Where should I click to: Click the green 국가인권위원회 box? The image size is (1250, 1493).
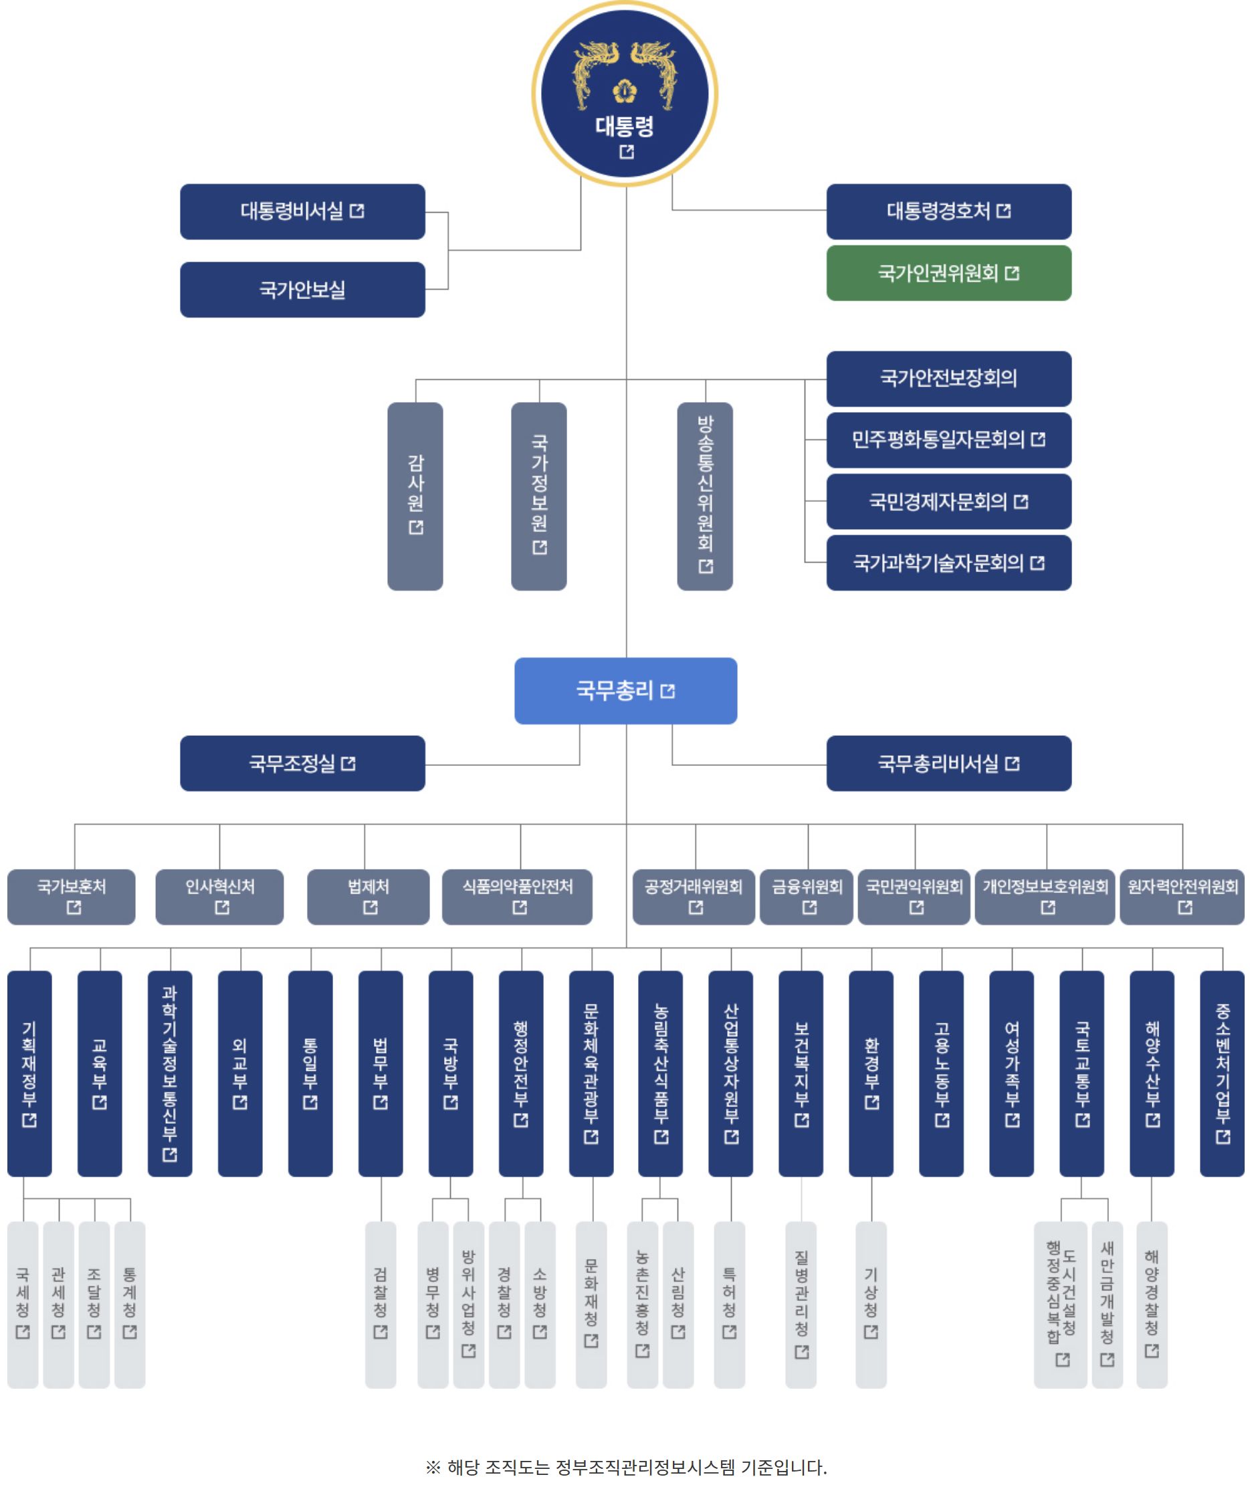click(x=948, y=273)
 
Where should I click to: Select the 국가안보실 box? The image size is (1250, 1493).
click(x=302, y=290)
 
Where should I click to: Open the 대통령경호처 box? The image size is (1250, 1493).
click(x=948, y=211)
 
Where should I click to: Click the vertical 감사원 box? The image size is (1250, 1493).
click(x=415, y=496)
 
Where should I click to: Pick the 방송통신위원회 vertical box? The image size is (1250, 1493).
click(x=705, y=496)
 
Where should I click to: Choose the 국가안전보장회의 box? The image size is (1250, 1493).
click(x=948, y=378)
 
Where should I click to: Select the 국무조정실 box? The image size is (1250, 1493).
click(x=302, y=764)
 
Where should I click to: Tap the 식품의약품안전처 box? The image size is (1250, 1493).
click(x=517, y=896)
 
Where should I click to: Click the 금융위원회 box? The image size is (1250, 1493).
click(x=807, y=896)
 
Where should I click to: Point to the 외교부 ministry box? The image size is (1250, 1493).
click(x=239, y=1073)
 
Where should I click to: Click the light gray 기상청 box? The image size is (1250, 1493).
click(x=870, y=1304)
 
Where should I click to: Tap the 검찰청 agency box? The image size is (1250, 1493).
click(x=381, y=1304)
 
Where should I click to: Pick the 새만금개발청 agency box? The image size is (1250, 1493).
click(x=1106, y=1304)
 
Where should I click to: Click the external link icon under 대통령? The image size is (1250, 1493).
click(x=626, y=152)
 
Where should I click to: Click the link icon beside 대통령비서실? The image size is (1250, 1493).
click(x=357, y=211)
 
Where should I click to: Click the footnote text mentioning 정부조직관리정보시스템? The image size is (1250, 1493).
click(x=626, y=1467)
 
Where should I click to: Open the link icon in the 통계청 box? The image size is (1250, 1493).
click(x=129, y=1332)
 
